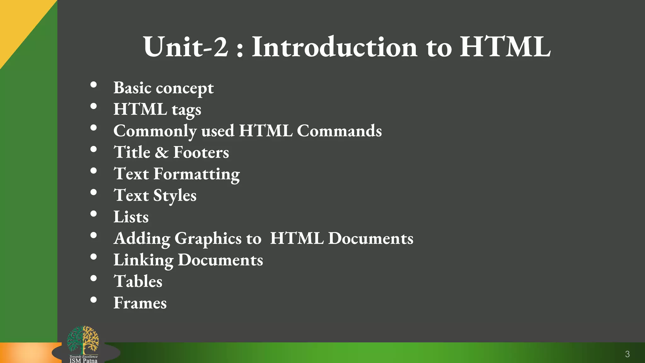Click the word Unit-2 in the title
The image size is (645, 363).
pyautogui.click(x=186, y=47)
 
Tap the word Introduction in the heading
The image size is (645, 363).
pyautogui.click(x=334, y=47)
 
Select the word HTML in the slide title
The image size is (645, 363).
pyautogui.click(x=505, y=47)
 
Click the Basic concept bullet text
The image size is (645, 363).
pyautogui.click(x=163, y=88)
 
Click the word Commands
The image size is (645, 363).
pyautogui.click(x=339, y=131)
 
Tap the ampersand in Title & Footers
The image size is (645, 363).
pyautogui.click(x=162, y=153)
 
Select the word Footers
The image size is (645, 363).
pyautogui.click(x=201, y=153)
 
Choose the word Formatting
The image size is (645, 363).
pyautogui.click(x=197, y=174)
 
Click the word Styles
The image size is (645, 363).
pyautogui.click(x=175, y=196)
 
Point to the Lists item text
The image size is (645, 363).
pyautogui.click(x=131, y=217)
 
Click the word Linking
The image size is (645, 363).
pyautogui.click(x=143, y=260)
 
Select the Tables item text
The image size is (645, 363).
pyautogui.click(x=138, y=281)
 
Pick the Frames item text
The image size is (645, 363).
pyautogui.click(x=140, y=303)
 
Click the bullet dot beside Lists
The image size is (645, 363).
pyautogui.click(x=94, y=214)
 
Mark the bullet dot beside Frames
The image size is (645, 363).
pyautogui.click(x=94, y=300)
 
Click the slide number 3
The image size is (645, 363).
pyautogui.click(x=627, y=354)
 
